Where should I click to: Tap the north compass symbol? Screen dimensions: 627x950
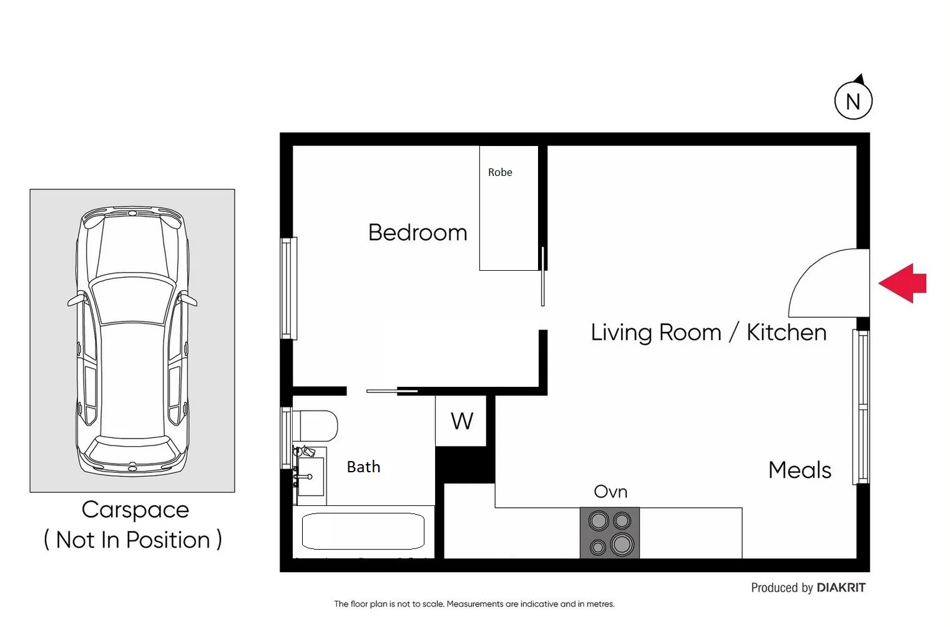click(x=853, y=100)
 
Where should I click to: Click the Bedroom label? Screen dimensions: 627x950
click(x=418, y=233)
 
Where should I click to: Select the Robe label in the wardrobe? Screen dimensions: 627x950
click(x=500, y=172)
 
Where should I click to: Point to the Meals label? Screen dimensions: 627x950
click(x=800, y=470)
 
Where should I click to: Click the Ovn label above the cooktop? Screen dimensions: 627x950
click(x=610, y=492)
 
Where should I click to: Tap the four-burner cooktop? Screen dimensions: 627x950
click(x=610, y=532)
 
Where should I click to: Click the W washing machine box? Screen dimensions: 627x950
click(x=461, y=421)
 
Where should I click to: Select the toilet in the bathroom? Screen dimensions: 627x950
click(x=315, y=426)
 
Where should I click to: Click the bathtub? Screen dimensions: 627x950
click(x=363, y=531)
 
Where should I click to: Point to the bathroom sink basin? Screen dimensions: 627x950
click(x=310, y=477)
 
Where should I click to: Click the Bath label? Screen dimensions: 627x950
click(x=363, y=467)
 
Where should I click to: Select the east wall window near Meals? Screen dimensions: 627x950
click(x=861, y=406)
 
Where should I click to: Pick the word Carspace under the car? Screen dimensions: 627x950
click(x=135, y=510)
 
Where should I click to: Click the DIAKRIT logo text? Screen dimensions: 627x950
click(x=841, y=588)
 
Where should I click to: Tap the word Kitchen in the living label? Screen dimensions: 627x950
click(x=786, y=333)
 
